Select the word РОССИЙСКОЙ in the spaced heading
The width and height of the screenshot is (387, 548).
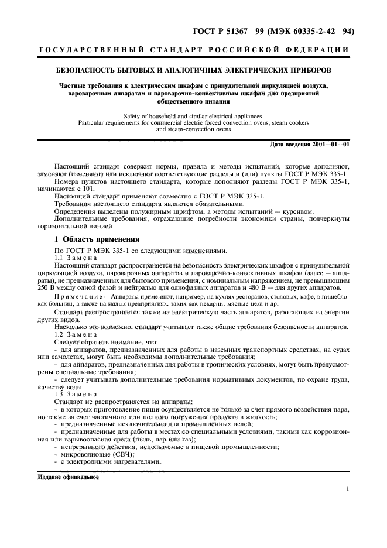(x=247, y=50)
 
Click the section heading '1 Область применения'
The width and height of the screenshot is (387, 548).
(x=97, y=239)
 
